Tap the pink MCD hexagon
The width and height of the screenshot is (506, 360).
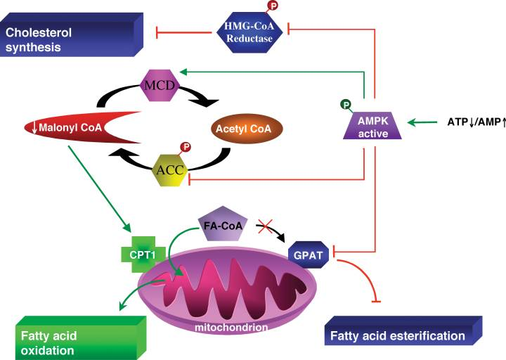(x=160, y=86)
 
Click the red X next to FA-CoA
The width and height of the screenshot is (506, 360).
(x=264, y=226)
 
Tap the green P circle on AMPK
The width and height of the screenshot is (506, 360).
(x=345, y=105)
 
